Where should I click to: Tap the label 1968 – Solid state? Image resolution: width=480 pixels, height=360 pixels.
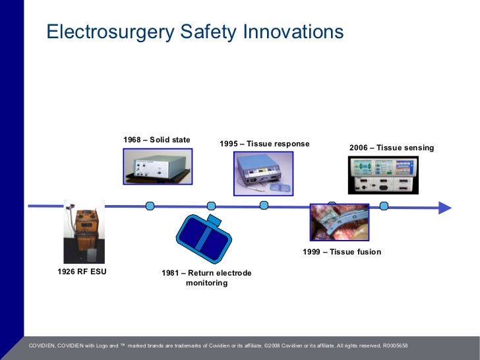pos(157,140)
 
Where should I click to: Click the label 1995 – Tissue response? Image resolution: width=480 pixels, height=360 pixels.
pos(264,144)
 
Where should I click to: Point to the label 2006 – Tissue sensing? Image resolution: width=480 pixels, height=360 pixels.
pos(392,148)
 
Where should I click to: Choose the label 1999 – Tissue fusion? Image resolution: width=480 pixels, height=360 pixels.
pos(342,252)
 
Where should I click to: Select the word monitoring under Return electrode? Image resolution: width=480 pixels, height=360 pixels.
pos(206,283)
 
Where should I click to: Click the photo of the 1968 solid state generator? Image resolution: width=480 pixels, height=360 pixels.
pos(158,165)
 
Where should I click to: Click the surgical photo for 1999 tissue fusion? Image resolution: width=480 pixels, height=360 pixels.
pos(340,222)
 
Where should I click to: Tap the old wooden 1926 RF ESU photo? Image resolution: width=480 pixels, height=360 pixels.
pos(84,231)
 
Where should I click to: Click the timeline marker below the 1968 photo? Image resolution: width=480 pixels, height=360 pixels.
pos(150,206)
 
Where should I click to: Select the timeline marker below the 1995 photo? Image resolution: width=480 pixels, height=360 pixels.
pos(264,206)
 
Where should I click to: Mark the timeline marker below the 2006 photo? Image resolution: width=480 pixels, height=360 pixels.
pos(384,206)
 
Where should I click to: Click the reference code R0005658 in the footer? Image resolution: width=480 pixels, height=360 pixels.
pos(396,345)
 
